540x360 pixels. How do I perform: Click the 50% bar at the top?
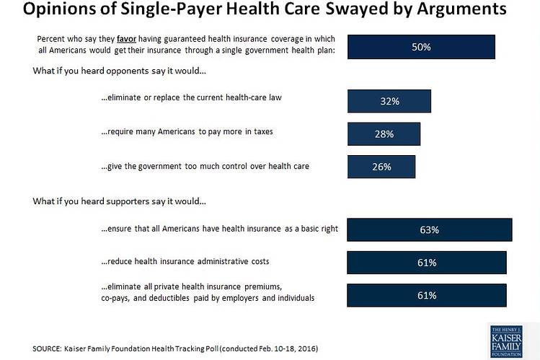tap(421, 47)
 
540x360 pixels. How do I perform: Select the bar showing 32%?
tap(389, 102)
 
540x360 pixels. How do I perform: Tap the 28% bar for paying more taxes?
tap(384, 134)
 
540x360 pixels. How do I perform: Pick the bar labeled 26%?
tap(381, 167)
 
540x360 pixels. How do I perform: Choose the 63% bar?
tap(430, 230)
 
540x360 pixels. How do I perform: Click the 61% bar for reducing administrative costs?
tap(427, 263)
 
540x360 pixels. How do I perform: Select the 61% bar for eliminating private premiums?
tap(427, 295)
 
